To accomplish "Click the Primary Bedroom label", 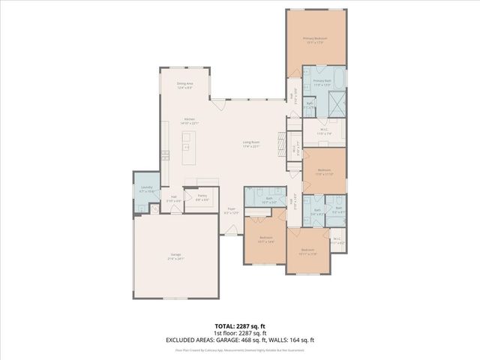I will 315,37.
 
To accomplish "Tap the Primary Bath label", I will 322,80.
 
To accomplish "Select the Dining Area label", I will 185,83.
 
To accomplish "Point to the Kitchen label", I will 189,119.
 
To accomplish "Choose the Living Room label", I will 250,142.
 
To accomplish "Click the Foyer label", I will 232,208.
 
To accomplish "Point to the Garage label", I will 175,255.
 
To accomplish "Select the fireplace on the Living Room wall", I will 280,142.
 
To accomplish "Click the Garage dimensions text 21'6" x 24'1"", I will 175,259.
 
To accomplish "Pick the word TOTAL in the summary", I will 225,326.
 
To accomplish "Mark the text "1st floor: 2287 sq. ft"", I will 240,334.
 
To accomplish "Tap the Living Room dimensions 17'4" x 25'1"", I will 250,146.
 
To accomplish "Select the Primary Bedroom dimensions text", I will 315,42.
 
